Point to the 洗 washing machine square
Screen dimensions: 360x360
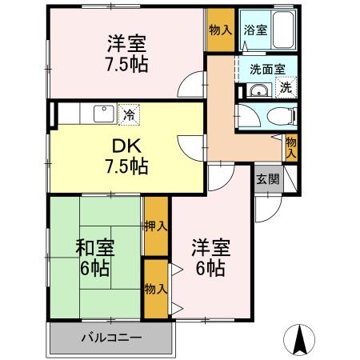click(286, 88)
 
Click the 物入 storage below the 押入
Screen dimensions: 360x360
click(156, 286)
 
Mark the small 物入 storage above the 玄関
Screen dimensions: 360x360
click(291, 146)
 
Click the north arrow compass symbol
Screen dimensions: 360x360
click(302, 339)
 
